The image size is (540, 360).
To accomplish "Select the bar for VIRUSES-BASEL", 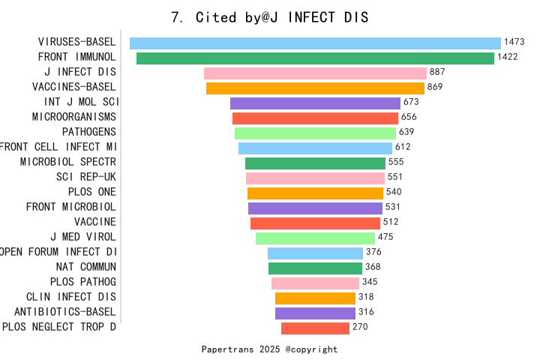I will tap(315, 43).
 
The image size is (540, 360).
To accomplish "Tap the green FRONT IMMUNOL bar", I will tap(315, 58).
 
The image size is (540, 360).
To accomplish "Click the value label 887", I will tap(438, 73).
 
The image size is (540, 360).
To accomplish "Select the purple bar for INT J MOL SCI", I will tap(315, 103).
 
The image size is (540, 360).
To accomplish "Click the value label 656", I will tap(409, 117).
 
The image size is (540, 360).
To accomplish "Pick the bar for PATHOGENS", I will tap(315, 133).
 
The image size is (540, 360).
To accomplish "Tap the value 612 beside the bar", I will tap(403, 147).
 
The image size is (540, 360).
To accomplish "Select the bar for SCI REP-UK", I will tap(315, 178).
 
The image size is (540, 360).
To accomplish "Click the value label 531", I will tap(393, 207).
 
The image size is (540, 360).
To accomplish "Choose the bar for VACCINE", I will tap(315, 223).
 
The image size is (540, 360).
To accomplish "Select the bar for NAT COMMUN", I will tap(315, 268).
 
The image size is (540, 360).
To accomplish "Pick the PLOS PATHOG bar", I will tap(315, 283).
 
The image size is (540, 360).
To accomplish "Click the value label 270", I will tap(360, 327).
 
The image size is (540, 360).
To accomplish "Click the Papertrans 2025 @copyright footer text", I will tap(269, 349).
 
